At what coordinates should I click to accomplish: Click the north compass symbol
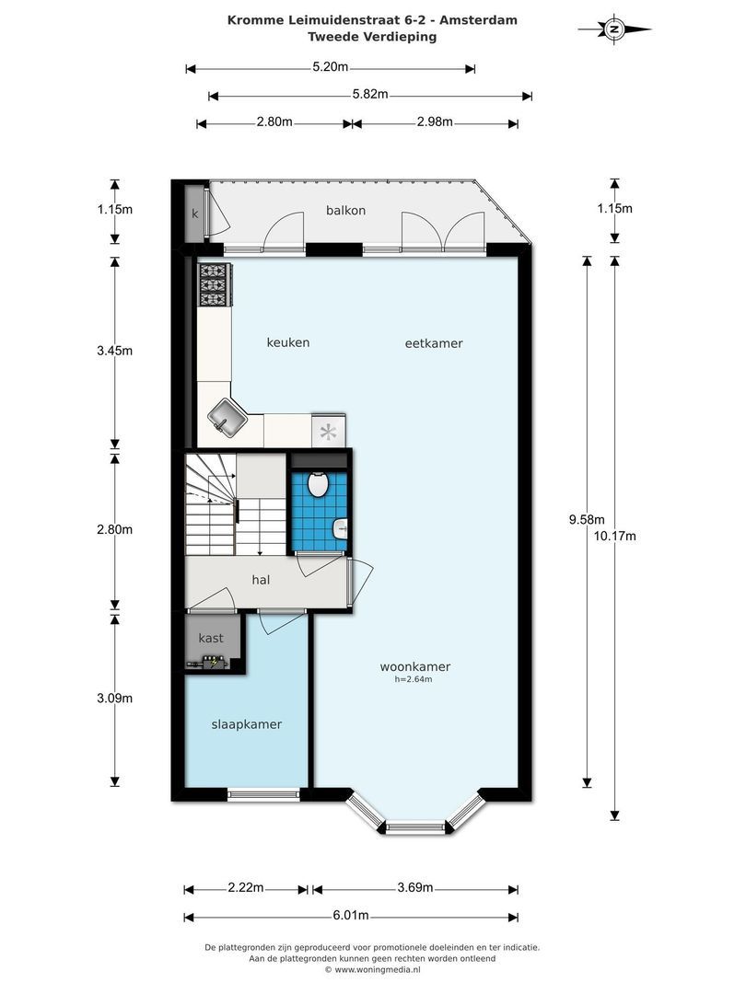click(x=614, y=29)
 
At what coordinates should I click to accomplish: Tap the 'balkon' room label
click(x=345, y=210)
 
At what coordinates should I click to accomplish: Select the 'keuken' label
click(x=287, y=342)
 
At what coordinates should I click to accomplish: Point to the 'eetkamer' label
click(x=433, y=343)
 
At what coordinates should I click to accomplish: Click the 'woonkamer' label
click(x=414, y=666)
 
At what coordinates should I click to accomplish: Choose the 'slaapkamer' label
click(x=247, y=724)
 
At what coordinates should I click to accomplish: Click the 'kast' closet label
click(x=211, y=637)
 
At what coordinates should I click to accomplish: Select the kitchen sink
click(x=226, y=420)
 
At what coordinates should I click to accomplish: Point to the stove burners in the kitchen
click(x=214, y=285)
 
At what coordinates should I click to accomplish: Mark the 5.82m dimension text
click(x=370, y=95)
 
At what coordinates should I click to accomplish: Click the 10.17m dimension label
click(x=615, y=537)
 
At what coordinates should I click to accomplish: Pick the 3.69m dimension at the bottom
click(x=415, y=888)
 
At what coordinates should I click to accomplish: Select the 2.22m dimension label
click(x=246, y=888)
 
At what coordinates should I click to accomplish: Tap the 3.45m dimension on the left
click(x=115, y=351)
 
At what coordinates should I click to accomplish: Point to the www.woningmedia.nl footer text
click(x=378, y=969)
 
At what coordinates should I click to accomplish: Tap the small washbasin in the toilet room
click(x=340, y=528)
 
